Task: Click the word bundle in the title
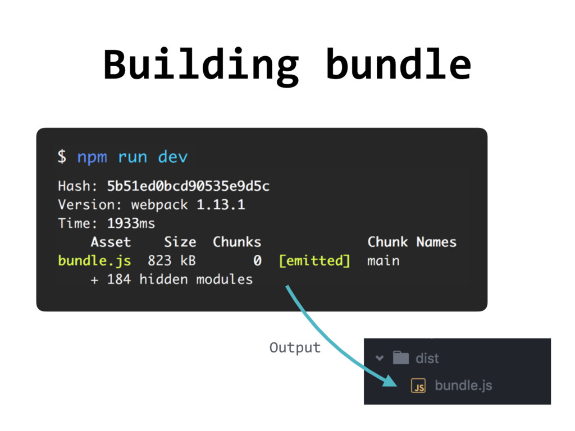[x=398, y=65]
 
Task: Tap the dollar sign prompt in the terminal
[x=61, y=157]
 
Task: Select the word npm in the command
[x=92, y=157]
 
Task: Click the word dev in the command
[x=172, y=157]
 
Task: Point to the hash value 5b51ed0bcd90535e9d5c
[x=188, y=186]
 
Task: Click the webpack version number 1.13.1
[x=221, y=204]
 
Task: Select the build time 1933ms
[x=131, y=223]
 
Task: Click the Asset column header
[x=111, y=242]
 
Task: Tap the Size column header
[x=180, y=242]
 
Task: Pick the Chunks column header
[x=237, y=242]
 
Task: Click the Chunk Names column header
[x=412, y=242]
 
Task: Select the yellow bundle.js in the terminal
[x=94, y=261]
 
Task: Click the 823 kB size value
[x=171, y=261]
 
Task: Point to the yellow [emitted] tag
[x=314, y=261]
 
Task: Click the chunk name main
[x=384, y=261]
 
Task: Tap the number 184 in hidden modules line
[x=118, y=279]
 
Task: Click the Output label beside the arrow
[x=295, y=348]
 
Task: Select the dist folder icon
[x=400, y=357]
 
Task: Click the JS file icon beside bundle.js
[x=418, y=386]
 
